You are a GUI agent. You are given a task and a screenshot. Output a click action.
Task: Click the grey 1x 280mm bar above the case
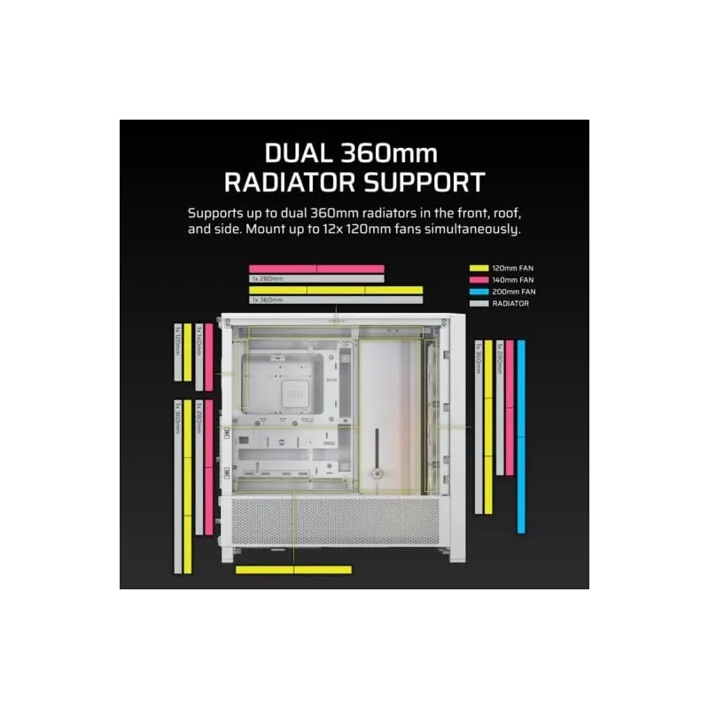[x=316, y=278]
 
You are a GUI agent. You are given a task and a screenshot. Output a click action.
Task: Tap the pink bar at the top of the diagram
[x=316, y=269]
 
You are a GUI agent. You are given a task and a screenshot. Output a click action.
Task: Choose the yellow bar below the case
[x=293, y=570]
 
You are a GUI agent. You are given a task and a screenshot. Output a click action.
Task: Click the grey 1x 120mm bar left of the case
[x=177, y=353]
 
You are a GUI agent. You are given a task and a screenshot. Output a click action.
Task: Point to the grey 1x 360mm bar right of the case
[x=479, y=426]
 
